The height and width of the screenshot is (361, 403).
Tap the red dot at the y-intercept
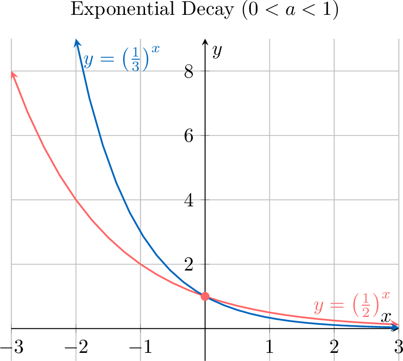(x=205, y=296)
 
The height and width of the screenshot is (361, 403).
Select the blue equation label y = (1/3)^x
(x=121, y=60)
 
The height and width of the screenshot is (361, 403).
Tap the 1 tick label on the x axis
(x=269, y=347)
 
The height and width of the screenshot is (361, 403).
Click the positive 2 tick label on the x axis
(x=334, y=347)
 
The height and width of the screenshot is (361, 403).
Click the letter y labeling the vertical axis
(x=217, y=51)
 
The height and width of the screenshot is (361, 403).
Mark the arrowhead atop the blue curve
(x=76, y=43)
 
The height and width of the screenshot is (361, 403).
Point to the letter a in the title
(x=289, y=11)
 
